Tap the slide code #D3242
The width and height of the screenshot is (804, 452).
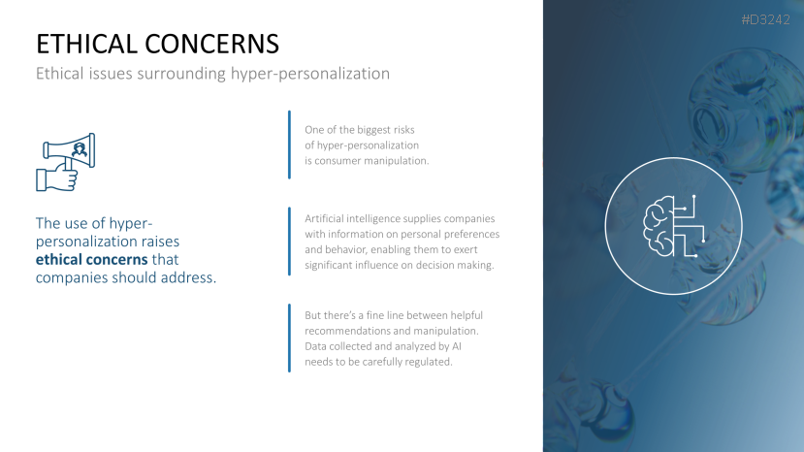(x=765, y=19)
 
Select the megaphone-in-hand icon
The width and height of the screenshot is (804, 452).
(x=66, y=162)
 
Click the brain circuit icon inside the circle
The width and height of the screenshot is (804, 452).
(x=674, y=226)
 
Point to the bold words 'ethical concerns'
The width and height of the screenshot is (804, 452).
(x=92, y=260)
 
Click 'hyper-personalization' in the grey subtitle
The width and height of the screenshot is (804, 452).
(x=310, y=74)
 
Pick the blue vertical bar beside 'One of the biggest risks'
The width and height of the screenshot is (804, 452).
(x=289, y=145)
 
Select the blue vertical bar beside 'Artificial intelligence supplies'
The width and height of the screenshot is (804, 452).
(x=289, y=242)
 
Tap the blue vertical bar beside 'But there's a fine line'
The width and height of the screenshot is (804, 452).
(x=289, y=339)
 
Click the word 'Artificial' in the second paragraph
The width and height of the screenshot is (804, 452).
(x=324, y=219)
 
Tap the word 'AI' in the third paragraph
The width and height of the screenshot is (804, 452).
(x=457, y=346)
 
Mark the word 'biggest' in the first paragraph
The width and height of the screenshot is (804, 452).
(x=373, y=130)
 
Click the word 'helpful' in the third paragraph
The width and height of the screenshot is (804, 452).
(x=466, y=315)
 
